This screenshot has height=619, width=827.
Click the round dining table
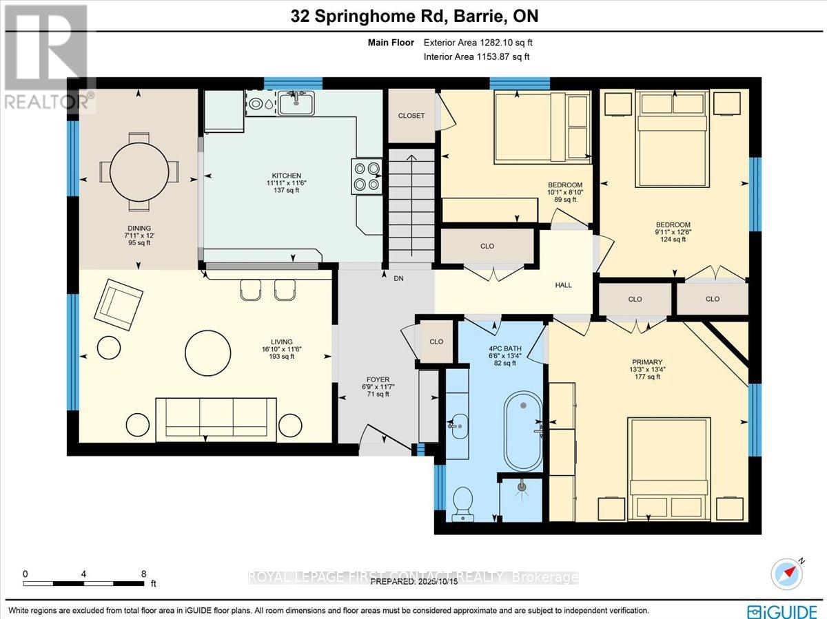point(139,171)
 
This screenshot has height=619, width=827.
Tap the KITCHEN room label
point(287,176)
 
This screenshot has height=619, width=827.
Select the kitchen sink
point(296,103)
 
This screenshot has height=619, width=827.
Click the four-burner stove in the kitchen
point(367,176)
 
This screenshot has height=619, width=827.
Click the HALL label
point(563,285)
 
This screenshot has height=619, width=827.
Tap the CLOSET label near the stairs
point(411,116)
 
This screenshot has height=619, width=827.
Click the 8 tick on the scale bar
point(143,573)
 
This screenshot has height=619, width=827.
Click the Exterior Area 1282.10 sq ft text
point(477,43)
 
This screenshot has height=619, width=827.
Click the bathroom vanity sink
point(456,424)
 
